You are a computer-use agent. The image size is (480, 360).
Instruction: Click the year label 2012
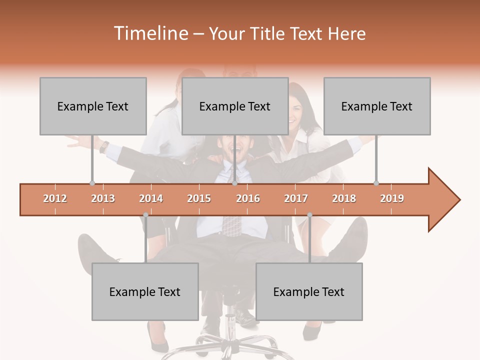(x=55, y=198)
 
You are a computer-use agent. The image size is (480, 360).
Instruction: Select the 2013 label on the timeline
(x=103, y=198)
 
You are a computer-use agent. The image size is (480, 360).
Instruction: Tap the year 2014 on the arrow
(x=151, y=198)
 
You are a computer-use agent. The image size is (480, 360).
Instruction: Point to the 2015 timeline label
(x=199, y=198)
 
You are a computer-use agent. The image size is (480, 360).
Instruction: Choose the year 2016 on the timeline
(x=248, y=198)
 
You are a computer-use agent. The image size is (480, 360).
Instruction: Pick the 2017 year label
(x=296, y=198)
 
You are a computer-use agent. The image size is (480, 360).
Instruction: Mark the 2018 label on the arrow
(x=344, y=198)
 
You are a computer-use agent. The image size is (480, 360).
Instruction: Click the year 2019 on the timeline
(x=392, y=198)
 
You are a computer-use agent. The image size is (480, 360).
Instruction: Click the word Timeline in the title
(x=150, y=33)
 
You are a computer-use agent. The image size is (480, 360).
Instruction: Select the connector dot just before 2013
(x=92, y=183)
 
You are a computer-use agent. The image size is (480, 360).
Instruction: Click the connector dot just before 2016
(x=234, y=183)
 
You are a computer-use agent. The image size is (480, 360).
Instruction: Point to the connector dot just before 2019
(x=376, y=183)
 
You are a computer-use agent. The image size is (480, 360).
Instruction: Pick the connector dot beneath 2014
(x=145, y=215)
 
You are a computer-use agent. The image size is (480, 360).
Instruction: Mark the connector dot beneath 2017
(x=309, y=215)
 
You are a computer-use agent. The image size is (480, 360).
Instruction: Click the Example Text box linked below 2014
(x=145, y=291)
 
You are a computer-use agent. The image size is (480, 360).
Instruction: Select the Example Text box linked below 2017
(x=309, y=291)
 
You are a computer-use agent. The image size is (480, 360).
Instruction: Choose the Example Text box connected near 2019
(x=377, y=106)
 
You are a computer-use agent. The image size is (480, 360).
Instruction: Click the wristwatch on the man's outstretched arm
(x=104, y=146)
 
